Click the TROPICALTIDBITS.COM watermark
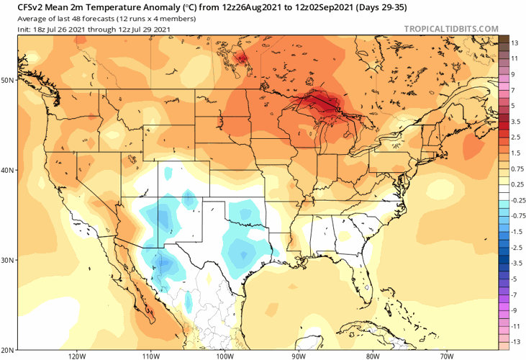tap(451, 29)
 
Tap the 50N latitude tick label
tap(7, 80)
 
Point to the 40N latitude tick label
tap(7, 170)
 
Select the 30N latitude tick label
tap(7, 260)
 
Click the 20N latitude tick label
tap(7, 349)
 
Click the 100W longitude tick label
tap(225, 355)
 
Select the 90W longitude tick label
tap(298, 355)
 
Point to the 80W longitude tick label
tap(372, 355)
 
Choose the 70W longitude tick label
tap(445, 355)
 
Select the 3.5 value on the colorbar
tap(515, 122)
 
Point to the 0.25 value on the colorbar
tap(515, 184)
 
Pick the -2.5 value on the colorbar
tap(515, 247)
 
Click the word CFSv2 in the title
tap(17, 7)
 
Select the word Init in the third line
tap(12, 29)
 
